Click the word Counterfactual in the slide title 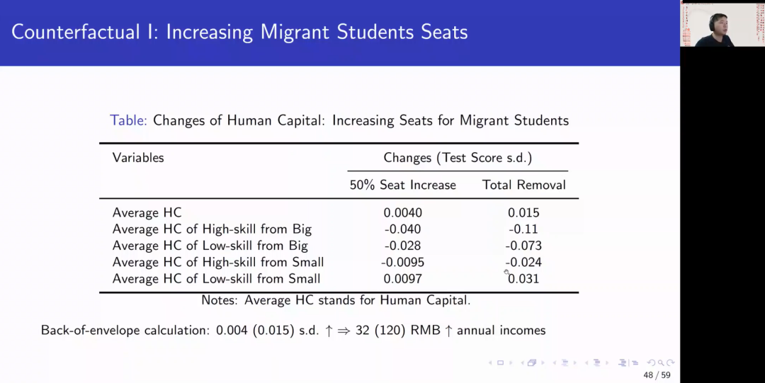point(76,32)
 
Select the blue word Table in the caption point(128,120)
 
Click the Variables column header point(138,158)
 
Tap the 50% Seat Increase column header point(402,185)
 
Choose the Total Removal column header point(524,185)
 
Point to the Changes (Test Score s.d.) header point(458,158)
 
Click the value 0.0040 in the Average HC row point(402,213)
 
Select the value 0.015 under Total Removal point(523,213)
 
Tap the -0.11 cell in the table point(523,229)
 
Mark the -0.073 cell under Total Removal point(523,246)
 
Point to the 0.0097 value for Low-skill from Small point(402,279)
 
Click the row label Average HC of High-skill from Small point(218,262)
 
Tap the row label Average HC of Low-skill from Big point(210,246)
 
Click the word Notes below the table point(220,300)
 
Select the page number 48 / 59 point(657,375)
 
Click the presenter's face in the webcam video point(718,23)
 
